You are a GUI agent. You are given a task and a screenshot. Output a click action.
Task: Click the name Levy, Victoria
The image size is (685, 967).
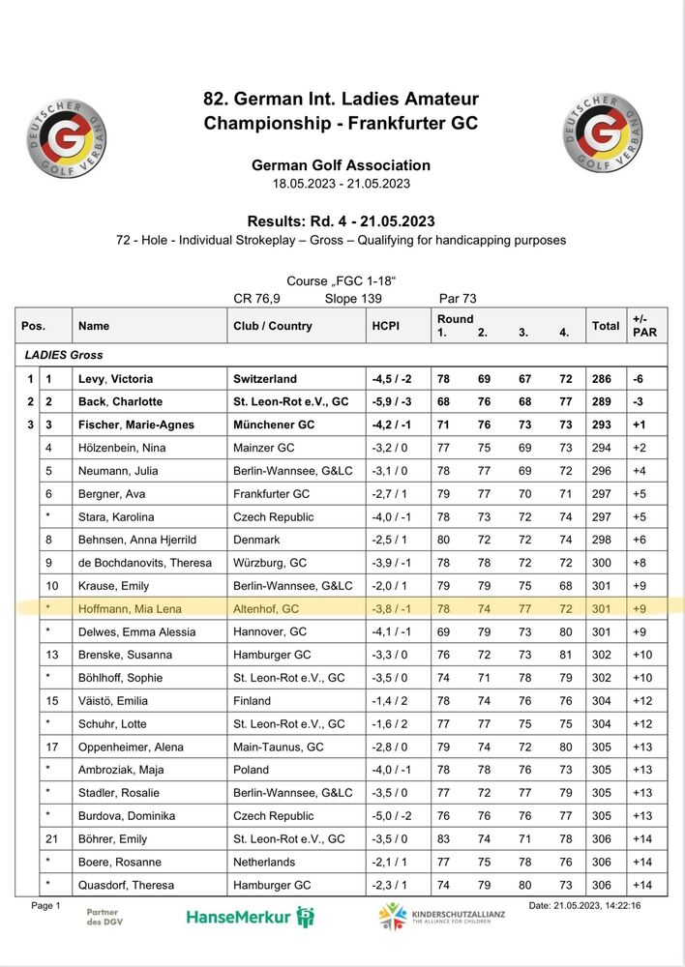point(115,379)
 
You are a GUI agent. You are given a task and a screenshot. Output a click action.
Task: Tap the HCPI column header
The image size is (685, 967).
point(385,326)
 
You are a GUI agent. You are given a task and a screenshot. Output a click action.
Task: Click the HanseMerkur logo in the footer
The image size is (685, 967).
point(250,916)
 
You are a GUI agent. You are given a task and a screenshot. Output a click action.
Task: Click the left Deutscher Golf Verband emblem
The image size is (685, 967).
point(67,135)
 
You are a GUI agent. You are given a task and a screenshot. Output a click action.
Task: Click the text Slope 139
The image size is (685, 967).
point(353,299)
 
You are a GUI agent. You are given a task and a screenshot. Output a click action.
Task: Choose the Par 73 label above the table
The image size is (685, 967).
point(458,299)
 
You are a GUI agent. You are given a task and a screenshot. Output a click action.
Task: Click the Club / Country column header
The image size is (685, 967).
point(272,326)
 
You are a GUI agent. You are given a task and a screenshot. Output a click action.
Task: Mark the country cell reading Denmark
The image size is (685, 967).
point(256,540)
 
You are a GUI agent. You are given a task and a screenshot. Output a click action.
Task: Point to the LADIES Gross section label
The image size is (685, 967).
point(64,355)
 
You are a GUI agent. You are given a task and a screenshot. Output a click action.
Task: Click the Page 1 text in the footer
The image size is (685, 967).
point(45,905)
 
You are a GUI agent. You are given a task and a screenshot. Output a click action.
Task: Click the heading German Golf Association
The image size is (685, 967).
point(341,165)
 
